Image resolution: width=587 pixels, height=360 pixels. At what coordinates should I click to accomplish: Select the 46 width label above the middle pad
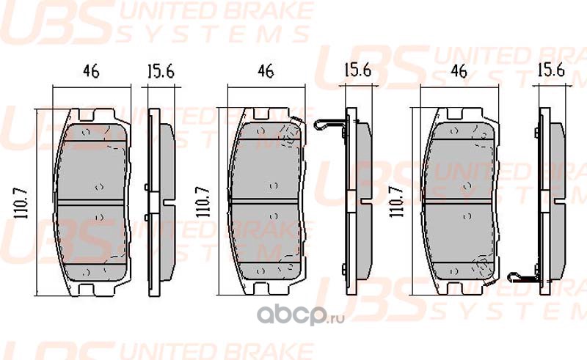[x=266, y=72]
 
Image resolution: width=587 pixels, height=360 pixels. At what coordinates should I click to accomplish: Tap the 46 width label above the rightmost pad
[x=459, y=72]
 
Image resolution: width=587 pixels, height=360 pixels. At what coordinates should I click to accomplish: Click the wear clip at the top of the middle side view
[x=328, y=125]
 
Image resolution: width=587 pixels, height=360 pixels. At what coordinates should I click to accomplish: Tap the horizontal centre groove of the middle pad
[x=268, y=202]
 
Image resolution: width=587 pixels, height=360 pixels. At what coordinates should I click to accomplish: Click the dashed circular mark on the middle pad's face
[x=291, y=133]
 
